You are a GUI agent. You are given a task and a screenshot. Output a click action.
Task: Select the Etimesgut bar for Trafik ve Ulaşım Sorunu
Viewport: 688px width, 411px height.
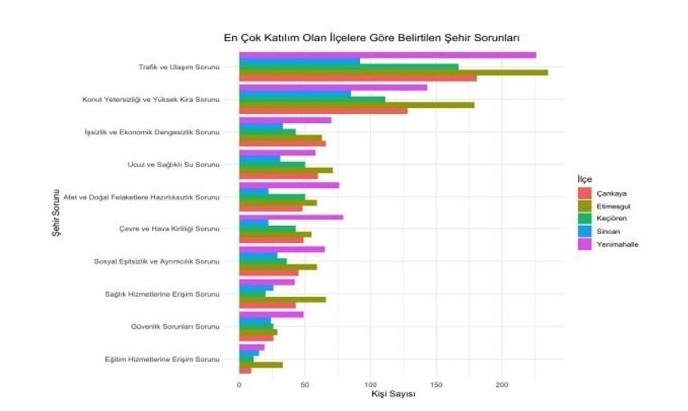393,72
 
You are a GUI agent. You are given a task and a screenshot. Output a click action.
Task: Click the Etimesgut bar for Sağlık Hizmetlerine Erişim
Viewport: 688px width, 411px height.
282,299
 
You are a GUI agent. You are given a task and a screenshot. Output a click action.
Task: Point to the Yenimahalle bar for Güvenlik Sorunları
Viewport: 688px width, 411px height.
271,314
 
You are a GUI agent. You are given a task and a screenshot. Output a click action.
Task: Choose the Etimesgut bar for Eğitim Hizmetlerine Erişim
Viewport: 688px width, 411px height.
260,364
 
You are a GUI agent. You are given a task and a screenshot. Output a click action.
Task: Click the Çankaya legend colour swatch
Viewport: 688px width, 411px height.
584,193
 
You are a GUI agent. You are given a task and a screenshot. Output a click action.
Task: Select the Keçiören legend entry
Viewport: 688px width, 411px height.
612,218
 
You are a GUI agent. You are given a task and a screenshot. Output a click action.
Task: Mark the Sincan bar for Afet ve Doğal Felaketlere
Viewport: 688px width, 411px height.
253,191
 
